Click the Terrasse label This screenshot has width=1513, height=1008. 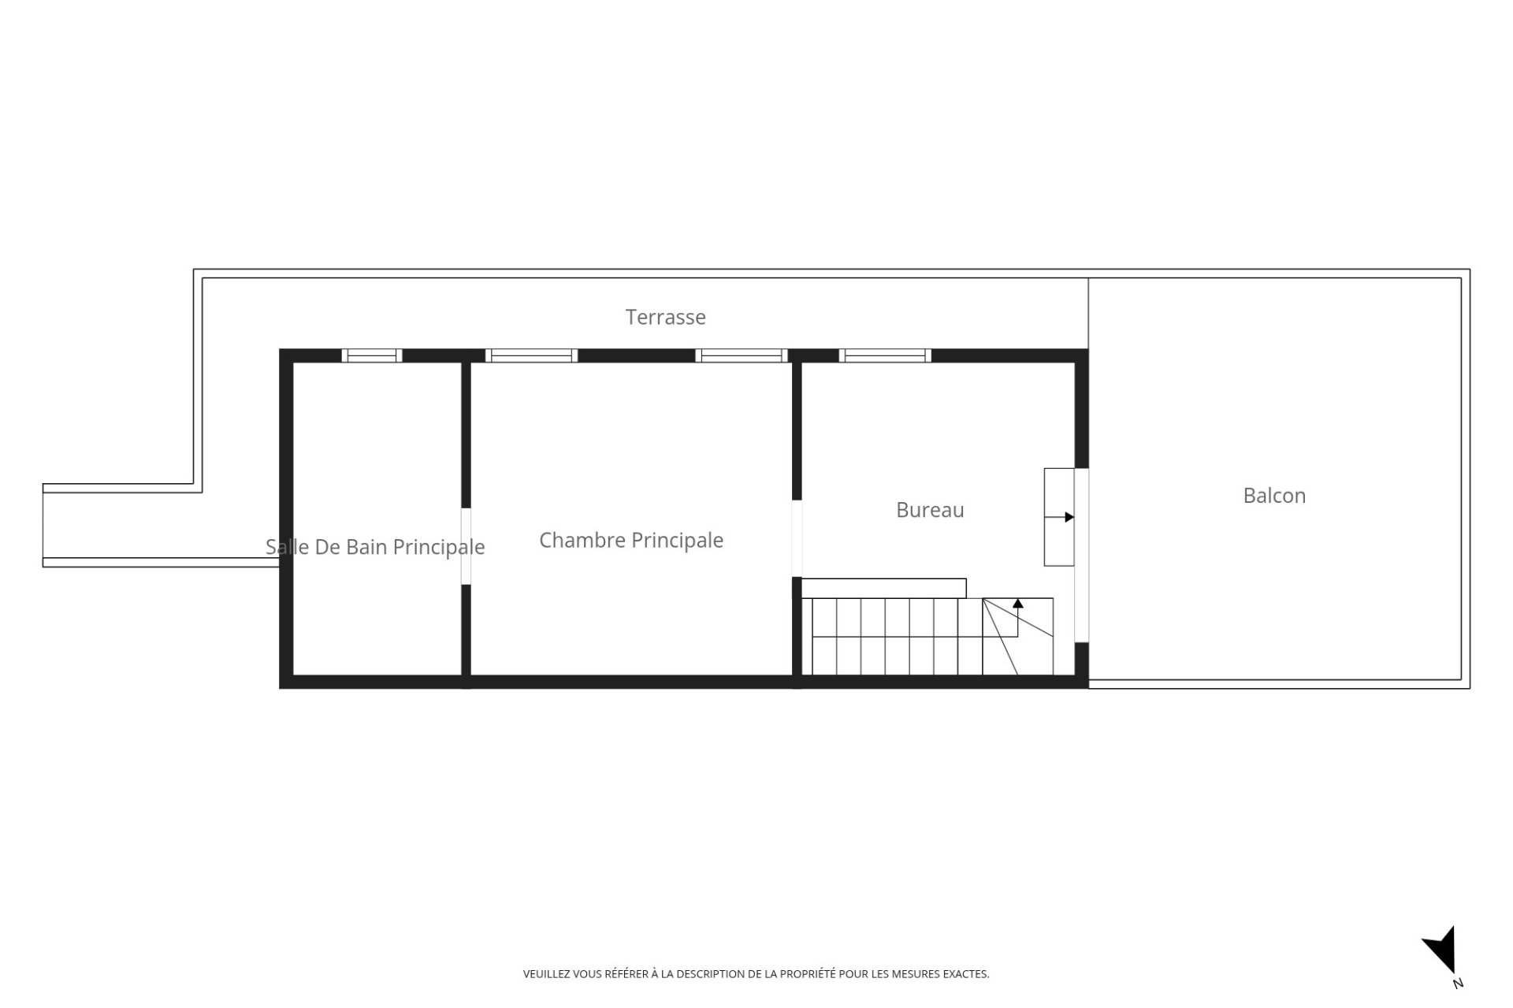[x=665, y=317]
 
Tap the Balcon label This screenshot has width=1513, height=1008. [x=1274, y=496]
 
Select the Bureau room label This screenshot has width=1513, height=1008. [x=930, y=510]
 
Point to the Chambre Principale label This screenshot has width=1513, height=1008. [x=631, y=541]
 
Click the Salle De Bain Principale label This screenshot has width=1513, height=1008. [x=375, y=547]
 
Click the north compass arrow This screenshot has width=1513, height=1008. [x=1440, y=950]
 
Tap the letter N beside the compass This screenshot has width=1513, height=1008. [x=1458, y=984]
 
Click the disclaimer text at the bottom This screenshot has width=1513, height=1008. [x=756, y=974]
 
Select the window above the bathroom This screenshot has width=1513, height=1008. [x=372, y=355]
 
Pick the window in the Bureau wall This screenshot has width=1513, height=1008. [x=885, y=355]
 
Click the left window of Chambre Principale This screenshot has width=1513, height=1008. [x=531, y=355]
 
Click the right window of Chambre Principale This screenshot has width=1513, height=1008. [x=742, y=355]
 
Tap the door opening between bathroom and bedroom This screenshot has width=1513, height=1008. [x=466, y=546]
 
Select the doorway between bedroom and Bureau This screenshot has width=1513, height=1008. [x=797, y=538]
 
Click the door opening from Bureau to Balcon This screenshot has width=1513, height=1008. [x=1082, y=556]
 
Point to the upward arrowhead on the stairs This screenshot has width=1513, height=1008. [x=1018, y=604]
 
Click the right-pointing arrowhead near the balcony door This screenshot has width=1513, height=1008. [x=1069, y=517]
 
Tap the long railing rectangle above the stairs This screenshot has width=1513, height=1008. [x=883, y=588]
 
